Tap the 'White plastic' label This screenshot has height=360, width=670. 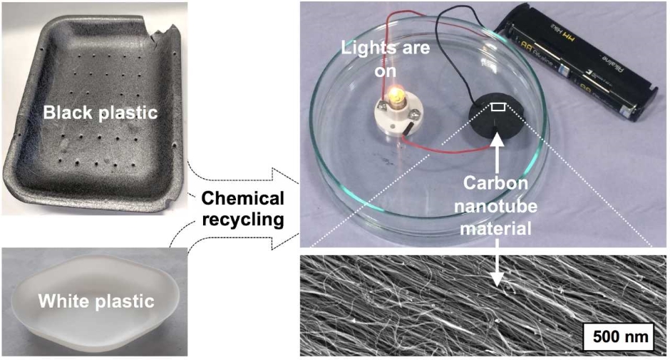tap(96, 302)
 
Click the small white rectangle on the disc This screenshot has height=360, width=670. tap(499, 107)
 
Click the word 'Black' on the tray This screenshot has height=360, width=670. tap(66, 113)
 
